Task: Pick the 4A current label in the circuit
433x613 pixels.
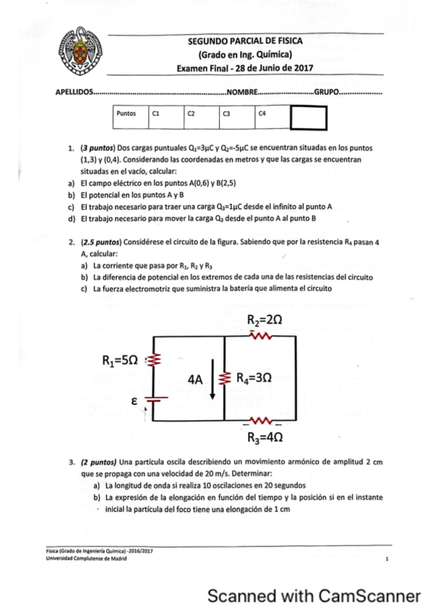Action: [195, 378]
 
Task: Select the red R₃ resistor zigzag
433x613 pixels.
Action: [261, 421]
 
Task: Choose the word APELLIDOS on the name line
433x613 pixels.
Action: [74, 93]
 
